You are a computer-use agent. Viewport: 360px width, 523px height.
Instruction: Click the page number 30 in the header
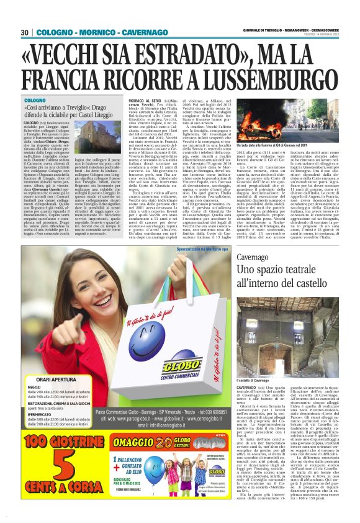(x=24, y=32)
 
